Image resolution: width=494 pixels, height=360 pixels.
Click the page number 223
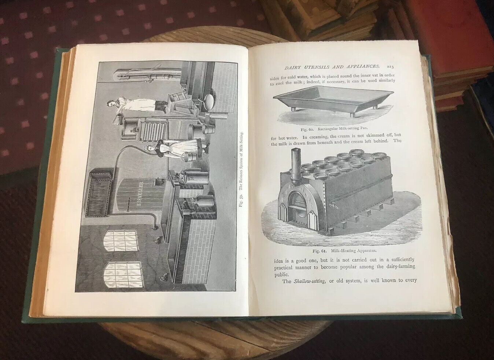click(390, 67)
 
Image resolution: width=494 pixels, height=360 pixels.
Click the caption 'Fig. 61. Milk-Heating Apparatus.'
click(344, 251)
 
